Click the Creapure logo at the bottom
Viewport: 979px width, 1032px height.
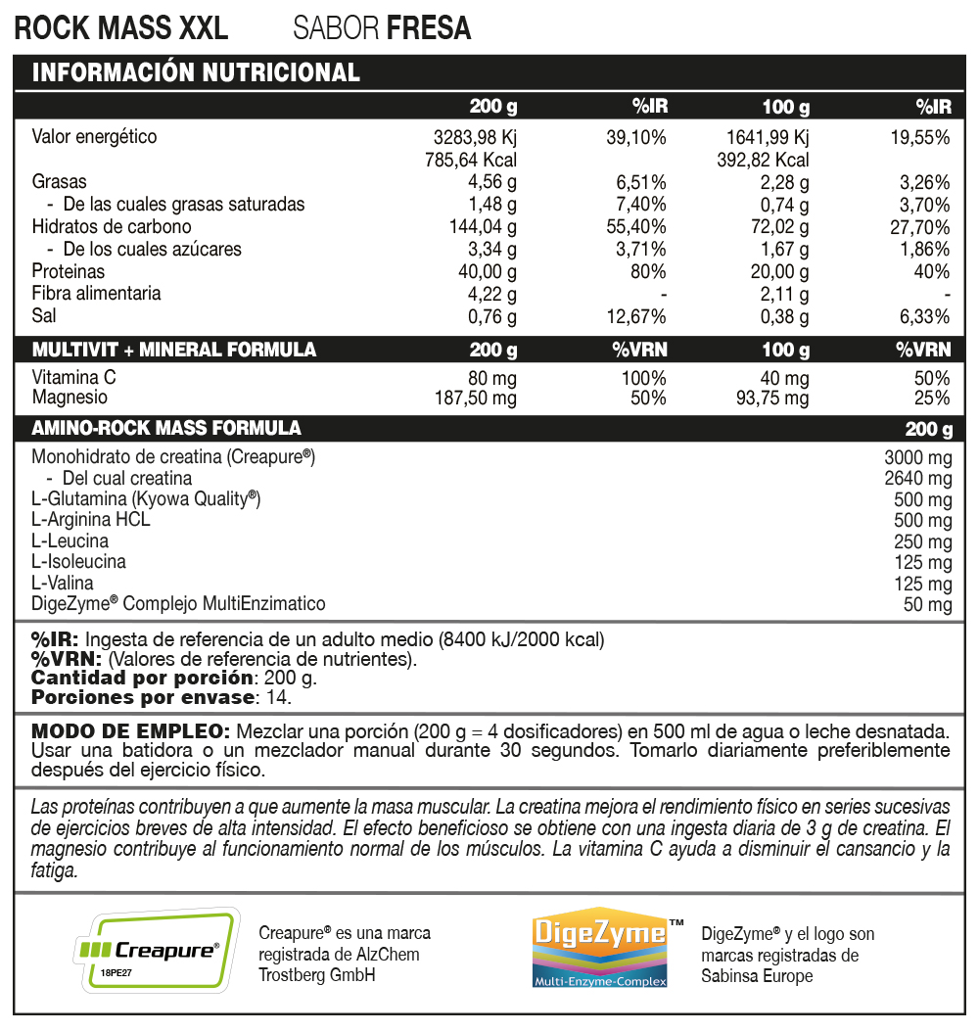[158, 948]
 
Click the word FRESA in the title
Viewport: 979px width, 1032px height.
[429, 28]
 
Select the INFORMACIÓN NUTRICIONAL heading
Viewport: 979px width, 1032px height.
[196, 72]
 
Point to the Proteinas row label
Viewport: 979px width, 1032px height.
[68, 271]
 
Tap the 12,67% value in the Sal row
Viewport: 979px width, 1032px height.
[635, 316]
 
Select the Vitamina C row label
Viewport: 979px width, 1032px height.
[73, 378]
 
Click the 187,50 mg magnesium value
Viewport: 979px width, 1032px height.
[475, 399]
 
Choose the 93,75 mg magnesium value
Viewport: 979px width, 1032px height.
[772, 399]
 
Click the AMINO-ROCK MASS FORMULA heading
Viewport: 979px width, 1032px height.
[166, 429]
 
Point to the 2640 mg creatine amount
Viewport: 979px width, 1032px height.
[917, 479]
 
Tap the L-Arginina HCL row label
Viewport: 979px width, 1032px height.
[91, 520]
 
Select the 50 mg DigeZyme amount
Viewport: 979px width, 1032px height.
[927, 605]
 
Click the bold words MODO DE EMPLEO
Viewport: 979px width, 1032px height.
[130, 731]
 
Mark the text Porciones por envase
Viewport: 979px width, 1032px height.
[142, 697]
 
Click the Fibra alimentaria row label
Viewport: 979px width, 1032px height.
[96, 294]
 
